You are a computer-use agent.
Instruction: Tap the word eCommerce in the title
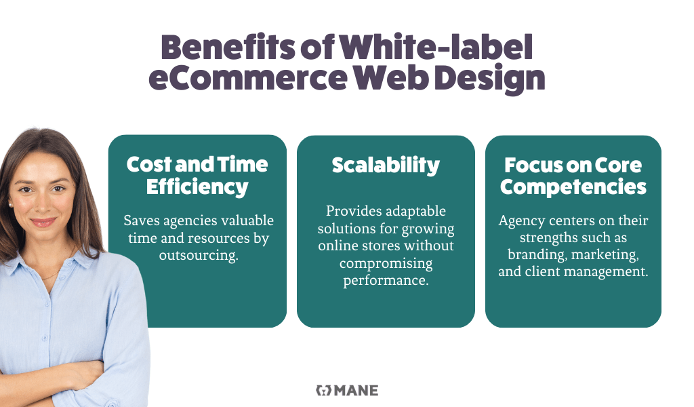point(248,78)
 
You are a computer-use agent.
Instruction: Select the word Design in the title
point(489,79)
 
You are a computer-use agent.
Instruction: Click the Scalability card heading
point(386,166)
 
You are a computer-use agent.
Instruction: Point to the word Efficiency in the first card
point(197,187)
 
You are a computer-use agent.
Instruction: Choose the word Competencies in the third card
point(573,187)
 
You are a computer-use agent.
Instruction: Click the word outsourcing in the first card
point(199,256)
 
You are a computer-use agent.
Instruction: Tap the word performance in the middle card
point(386,281)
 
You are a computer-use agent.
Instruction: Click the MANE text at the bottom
point(356,391)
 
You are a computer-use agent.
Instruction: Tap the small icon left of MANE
point(323,390)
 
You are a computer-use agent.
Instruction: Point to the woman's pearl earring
point(10,205)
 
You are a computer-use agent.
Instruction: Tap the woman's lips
point(43,222)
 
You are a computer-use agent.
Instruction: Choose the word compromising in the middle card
point(386,264)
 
